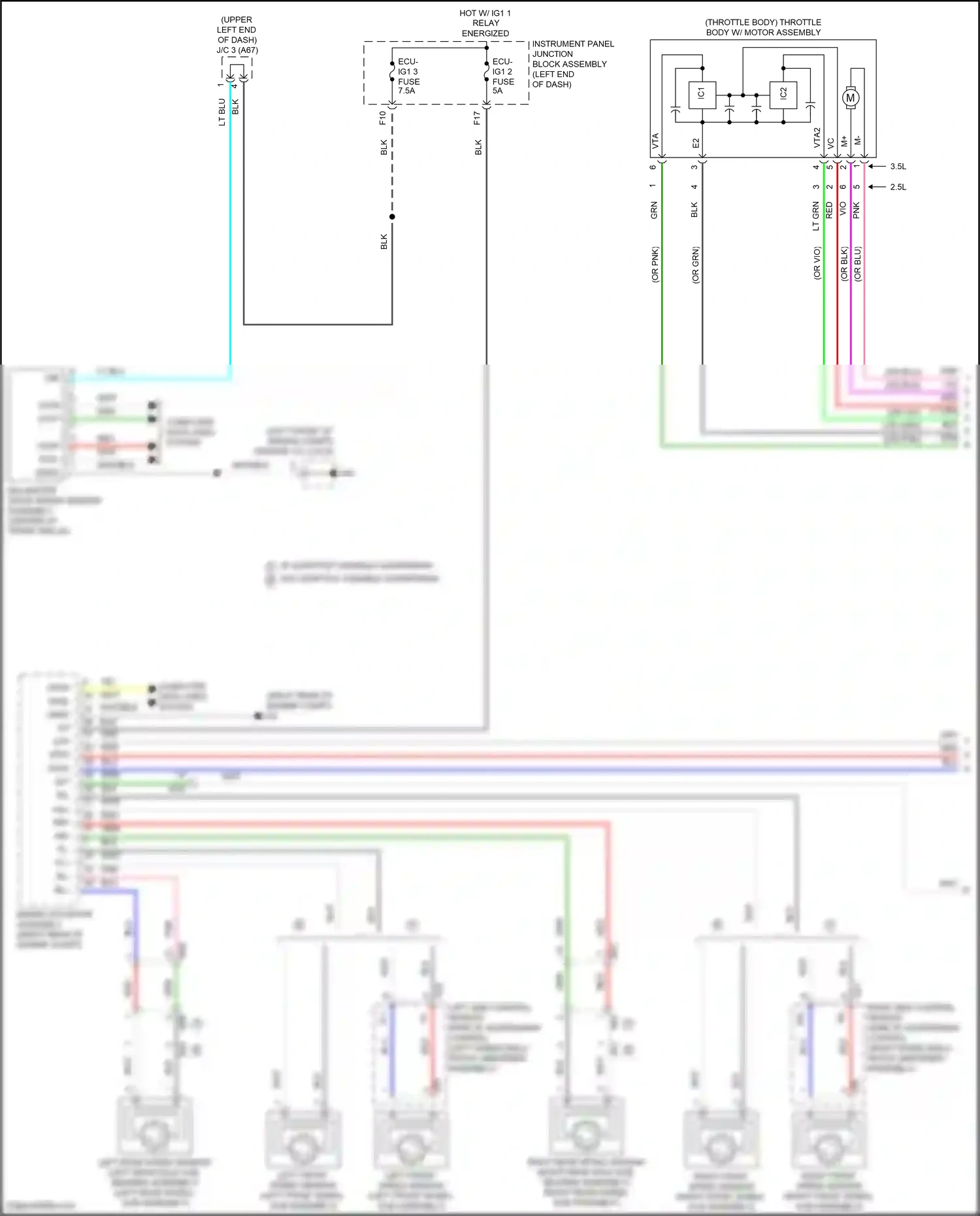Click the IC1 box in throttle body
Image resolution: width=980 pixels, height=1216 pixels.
[702, 95]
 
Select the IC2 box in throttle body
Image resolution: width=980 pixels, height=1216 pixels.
[783, 95]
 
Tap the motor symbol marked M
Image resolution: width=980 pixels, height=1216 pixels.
[850, 98]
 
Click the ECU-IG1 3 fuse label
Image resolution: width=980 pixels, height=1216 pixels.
[409, 76]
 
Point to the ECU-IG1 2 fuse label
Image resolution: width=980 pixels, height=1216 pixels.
[503, 76]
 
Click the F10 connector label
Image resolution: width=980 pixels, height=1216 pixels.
[383, 118]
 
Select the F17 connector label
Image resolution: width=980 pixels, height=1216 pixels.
[477, 118]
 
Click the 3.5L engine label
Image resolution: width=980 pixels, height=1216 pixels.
[898, 167]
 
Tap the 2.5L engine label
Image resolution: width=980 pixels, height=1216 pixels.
[898, 187]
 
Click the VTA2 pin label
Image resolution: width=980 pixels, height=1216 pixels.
[817, 139]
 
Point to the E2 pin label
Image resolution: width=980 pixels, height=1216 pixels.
[696, 142]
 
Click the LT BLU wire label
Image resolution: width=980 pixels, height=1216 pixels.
[222, 112]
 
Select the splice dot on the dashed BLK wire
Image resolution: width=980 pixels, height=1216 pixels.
[392, 216]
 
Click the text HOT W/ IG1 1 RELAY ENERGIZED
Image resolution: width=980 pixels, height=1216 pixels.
[485, 23]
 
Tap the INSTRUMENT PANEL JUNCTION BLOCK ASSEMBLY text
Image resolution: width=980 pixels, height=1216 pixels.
[572, 63]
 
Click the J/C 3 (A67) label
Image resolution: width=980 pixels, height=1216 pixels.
[237, 50]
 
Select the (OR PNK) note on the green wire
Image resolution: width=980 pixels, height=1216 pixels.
[655, 265]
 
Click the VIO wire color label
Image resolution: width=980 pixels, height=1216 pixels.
[843, 209]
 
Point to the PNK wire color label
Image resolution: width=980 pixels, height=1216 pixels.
[857, 210]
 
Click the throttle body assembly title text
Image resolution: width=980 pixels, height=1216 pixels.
[763, 27]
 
